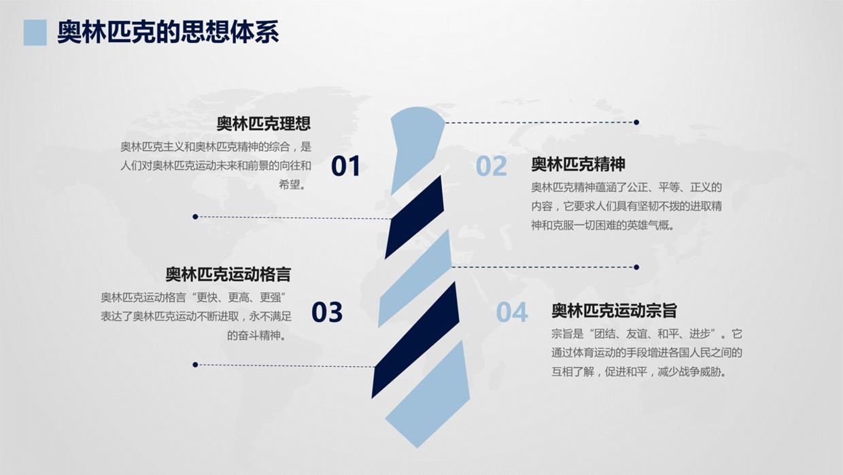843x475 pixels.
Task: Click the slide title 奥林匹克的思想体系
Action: [x=168, y=32]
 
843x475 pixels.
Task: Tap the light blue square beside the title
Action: [x=35, y=32]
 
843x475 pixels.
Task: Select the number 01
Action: [x=345, y=166]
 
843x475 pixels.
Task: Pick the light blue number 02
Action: [x=492, y=166]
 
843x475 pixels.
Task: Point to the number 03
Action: [x=327, y=312]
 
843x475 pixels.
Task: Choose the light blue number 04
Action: [x=511, y=312]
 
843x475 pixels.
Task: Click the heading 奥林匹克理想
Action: [x=264, y=124]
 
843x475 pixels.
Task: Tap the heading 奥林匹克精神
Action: [x=578, y=164]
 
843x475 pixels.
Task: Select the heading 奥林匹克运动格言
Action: [x=228, y=274]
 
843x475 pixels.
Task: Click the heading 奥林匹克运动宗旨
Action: [x=614, y=311]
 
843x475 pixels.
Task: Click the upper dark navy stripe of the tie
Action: [x=415, y=216]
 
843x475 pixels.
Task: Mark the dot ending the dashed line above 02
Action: [x=636, y=122]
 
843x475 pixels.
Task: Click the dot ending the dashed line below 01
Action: [x=195, y=216]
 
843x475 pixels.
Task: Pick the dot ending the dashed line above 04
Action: [x=636, y=267]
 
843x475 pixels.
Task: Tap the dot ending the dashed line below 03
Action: [x=195, y=365]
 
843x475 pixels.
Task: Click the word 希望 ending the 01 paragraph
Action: [x=290, y=184]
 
